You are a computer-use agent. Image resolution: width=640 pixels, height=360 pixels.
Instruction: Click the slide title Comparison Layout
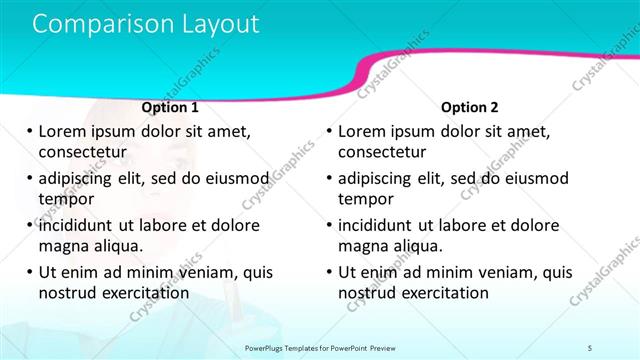coord(146,24)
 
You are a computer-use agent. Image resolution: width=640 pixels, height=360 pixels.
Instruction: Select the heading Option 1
coord(170,107)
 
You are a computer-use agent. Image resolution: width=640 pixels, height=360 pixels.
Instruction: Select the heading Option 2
coord(469,107)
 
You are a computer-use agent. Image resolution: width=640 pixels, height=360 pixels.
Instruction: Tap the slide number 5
coord(590,346)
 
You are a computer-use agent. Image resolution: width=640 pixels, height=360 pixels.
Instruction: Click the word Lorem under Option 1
coord(63,131)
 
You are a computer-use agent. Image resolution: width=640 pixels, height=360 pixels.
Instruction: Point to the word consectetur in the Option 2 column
coord(381,152)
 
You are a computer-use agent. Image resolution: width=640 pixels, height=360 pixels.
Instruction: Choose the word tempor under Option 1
coord(64,199)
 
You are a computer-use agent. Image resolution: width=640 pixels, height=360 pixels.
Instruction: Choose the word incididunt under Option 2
coord(382,225)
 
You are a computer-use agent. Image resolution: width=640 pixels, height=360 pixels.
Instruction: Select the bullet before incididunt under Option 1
coord(29,225)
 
